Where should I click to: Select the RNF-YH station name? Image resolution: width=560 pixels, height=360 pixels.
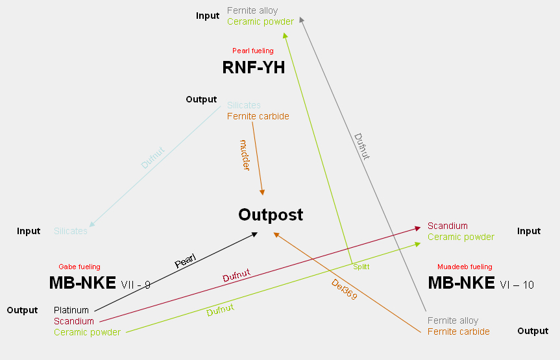pos(254,67)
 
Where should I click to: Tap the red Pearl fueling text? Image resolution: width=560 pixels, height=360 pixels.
pos(253,51)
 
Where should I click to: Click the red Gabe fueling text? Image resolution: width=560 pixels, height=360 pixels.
pos(79,267)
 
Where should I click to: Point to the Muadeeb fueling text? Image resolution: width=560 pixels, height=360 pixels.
pos(465,267)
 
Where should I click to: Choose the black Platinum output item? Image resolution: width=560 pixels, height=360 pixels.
pos(71,310)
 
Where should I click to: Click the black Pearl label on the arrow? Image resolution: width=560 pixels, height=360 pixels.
pos(186,261)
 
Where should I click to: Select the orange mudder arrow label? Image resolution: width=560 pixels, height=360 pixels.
pos(245,155)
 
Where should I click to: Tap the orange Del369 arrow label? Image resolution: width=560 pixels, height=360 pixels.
pos(344,290)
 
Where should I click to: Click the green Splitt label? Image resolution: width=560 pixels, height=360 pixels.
pos(361,267)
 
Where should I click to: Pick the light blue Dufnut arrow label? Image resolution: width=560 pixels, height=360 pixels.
pos(153,158)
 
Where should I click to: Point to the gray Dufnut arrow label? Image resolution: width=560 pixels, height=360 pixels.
pos(361,147)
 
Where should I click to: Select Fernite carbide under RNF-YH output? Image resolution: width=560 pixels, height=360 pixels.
pos(258,116)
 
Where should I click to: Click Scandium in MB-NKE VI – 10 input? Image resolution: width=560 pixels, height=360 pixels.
pos(447,226)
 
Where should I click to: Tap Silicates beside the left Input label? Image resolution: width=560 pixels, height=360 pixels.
pos(71,231)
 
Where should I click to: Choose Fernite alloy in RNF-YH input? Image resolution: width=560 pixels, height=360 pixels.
pos(252,10)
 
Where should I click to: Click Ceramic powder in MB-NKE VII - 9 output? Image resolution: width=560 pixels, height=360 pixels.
pos(87,332)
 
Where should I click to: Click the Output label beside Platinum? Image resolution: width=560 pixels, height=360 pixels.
pos(23,310)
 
